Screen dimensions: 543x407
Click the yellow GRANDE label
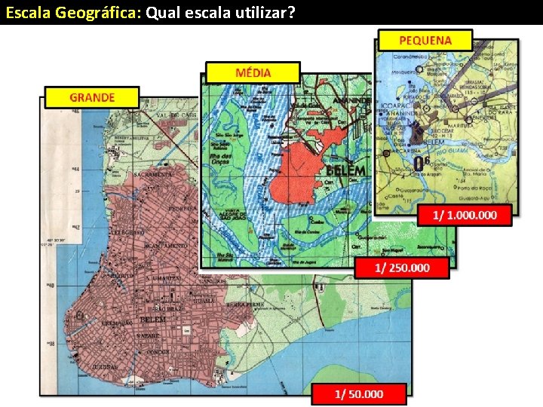tap(92, 97)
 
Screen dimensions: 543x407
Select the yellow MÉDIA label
tap(253, 72)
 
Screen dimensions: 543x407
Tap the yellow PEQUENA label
tap(425, 40)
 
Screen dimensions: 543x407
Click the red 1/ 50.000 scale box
tap(359, 393)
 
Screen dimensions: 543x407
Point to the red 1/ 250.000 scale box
tap(403, 268)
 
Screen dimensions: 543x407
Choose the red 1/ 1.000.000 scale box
tap(465, 215)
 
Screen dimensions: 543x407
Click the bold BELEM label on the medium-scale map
tap(346, 170)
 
